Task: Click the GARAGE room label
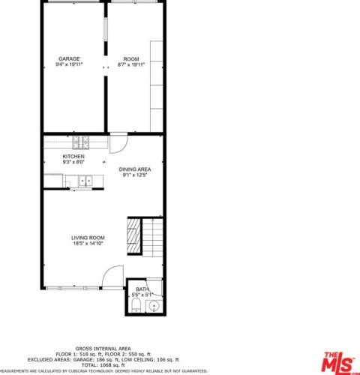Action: click(70, 58)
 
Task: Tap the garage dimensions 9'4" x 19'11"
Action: click(70, 64)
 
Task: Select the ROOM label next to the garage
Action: click(131, 58)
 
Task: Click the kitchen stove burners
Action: click(81, 142)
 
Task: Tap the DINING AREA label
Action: click(135, 169)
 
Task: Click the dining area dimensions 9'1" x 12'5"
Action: click(135, 175)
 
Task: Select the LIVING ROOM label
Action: click(88, 237)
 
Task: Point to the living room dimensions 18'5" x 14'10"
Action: click(88, 243)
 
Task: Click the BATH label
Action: click(142, 289)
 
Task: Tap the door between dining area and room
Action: click(118, 143)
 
